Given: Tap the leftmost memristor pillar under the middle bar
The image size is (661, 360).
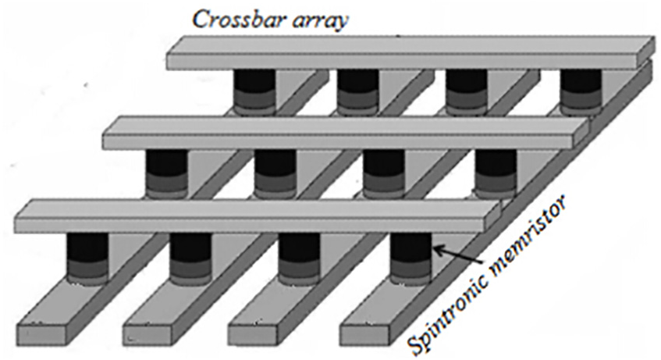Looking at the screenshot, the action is pyautogui.click(x=166, y=173).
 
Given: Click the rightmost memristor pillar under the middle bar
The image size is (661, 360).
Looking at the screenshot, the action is pyautogui.click(x=496, y=173).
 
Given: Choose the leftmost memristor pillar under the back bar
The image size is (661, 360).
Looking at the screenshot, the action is pyautogui.click(x=254, y=92).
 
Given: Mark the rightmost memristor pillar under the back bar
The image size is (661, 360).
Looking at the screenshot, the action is pyautogui.click(x=581, y=92).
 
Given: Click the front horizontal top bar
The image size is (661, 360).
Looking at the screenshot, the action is pyautogui.click(x=258, y=216).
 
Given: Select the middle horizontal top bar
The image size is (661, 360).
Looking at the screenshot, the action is pyautogui.click(x=346, y=133).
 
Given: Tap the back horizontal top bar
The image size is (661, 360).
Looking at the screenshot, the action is pyautogui.click(x=407, y=53).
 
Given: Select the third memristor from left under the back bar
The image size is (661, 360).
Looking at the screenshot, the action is pyautogui.click(x=467, y=92).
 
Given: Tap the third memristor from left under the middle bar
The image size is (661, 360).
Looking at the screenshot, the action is pyautogui.click(x=384, y=173).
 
